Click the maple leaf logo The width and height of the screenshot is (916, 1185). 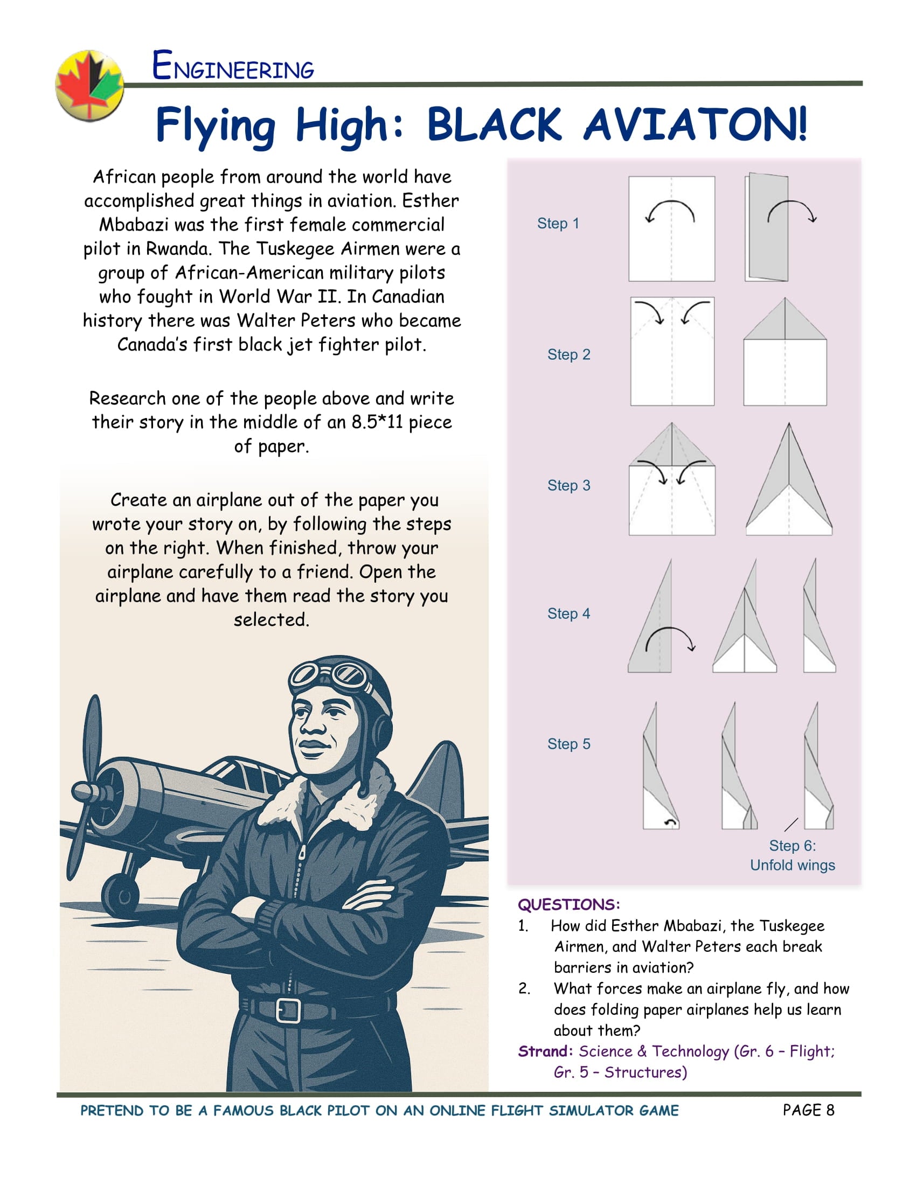click(90, 85)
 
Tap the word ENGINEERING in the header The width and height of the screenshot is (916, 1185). click(233, 66)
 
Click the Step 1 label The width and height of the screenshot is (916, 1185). click(558, 223)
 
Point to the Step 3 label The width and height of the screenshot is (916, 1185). click(568, 485)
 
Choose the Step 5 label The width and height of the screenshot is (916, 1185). click(568, 744)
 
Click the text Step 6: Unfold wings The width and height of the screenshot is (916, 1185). click(792, 855)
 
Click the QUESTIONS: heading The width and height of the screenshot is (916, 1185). click(568, 904)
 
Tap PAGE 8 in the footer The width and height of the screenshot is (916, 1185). click(808, 1110)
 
